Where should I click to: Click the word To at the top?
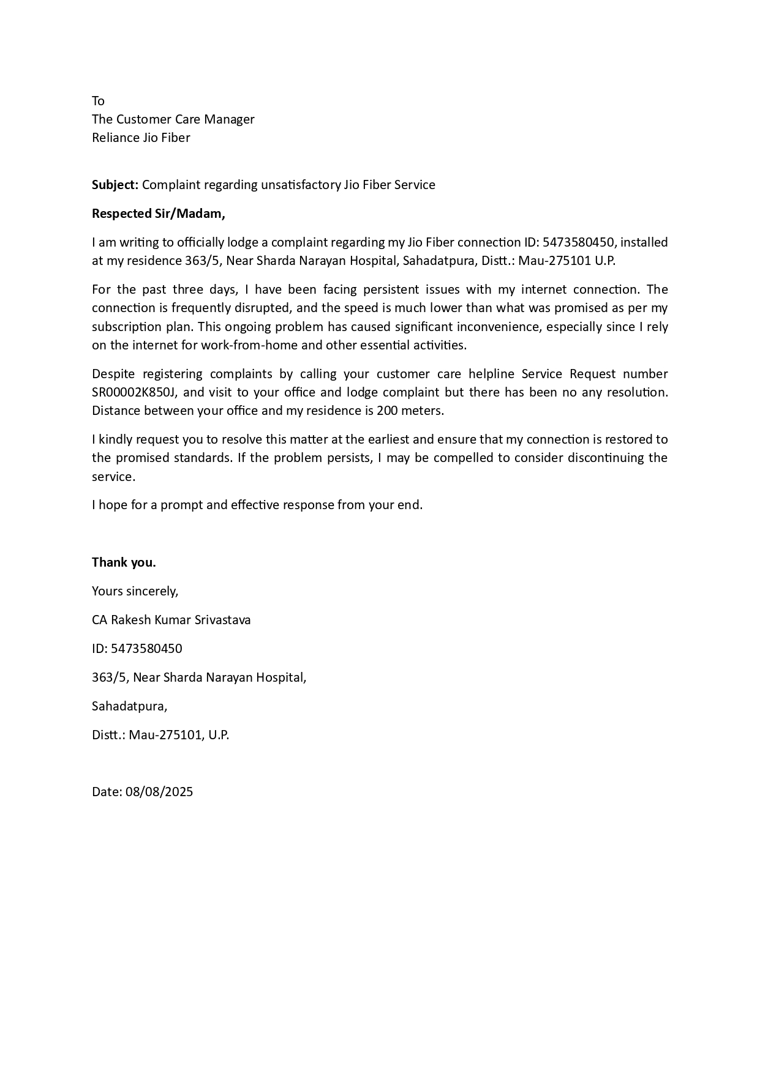(98, 101)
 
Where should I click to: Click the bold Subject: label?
(115, 185)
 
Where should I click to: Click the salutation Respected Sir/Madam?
(158, 214)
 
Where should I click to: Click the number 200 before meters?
(387, 411)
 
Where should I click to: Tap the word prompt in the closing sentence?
(181, 505)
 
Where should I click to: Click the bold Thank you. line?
(124, 562)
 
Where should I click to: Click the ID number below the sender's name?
(146, 649)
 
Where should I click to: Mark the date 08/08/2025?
(159, 792)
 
